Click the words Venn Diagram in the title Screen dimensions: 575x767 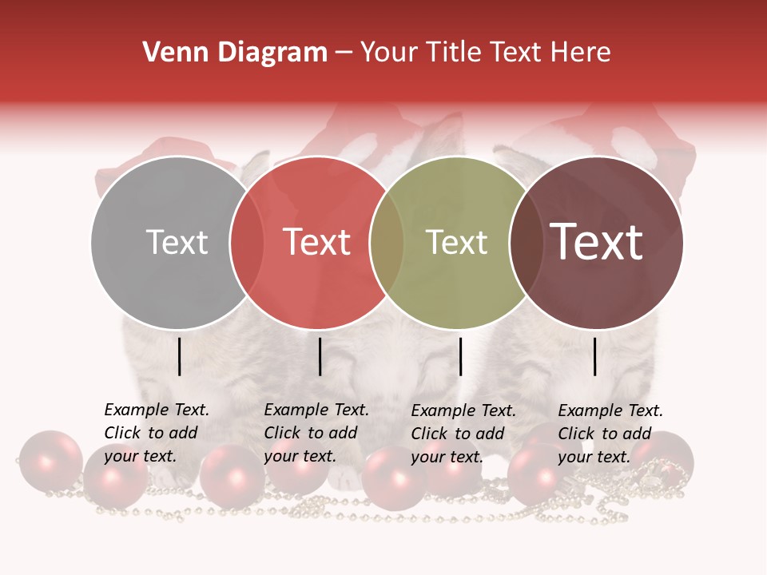point(235,53)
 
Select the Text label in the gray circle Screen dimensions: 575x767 point(177,243)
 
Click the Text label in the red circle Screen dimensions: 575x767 point(316,243)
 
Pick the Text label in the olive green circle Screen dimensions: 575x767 point(456,243)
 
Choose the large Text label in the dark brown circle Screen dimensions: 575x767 point(596,242)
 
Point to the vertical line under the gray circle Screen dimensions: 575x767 point(179,356)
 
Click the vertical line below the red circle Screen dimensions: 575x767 point(320,356)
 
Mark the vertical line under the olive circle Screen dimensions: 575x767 point(460,356)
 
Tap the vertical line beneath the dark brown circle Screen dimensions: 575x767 point(595,356)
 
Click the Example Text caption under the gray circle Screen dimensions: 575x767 point(157,410)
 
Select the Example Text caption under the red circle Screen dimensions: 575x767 point(316,410)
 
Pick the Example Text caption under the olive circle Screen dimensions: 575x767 point(463,411)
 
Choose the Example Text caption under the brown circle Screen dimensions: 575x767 point(610,411)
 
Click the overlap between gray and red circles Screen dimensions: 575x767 point(246,243)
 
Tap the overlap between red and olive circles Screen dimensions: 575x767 point(386,243)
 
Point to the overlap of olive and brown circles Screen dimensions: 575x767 point(523,243)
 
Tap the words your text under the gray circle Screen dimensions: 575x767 point(140,457)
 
